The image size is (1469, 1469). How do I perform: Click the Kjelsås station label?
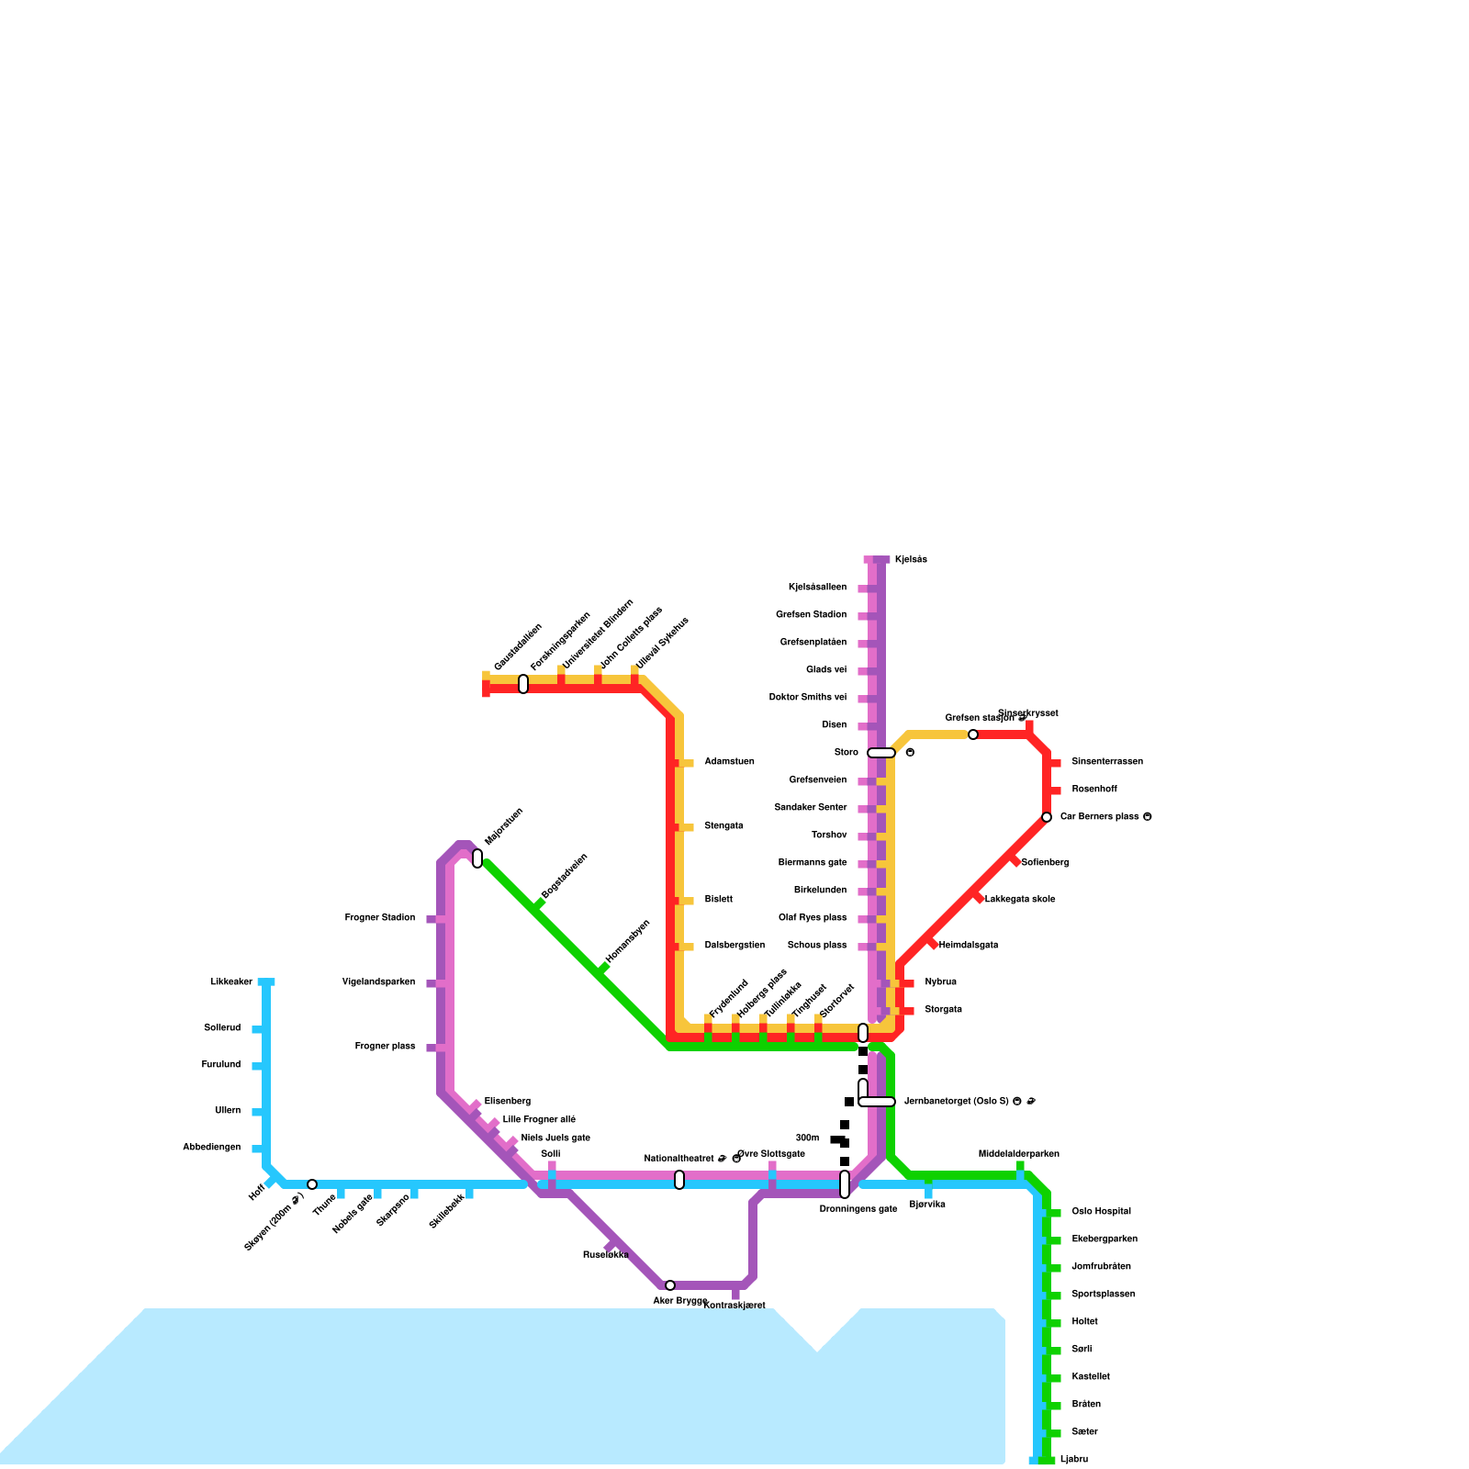tap(911, 560)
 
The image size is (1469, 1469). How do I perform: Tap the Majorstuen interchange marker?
tap(477, 858)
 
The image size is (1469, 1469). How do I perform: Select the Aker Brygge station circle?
tap(670, 1285)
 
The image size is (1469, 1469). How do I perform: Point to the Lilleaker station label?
tap(231, 982)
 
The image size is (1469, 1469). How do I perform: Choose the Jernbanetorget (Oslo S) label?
tap(956, 1102)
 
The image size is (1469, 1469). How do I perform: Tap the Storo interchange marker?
tap(881, 753)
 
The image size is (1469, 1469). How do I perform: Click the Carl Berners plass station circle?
tap(1047, 817)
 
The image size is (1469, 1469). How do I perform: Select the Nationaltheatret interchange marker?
tap(679, 1180)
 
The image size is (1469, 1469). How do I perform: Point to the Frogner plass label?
tap(385, 1047)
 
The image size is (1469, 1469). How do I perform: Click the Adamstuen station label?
tap(729, 762)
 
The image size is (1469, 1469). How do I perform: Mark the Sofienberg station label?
tap(1045, 863)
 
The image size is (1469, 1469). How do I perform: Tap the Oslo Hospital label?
tap(1101, 1212)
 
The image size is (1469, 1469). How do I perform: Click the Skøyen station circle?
tap(312, 1184)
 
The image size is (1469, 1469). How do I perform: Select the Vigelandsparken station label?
tap(378, 982)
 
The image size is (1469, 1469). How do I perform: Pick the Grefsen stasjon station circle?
tap(973, 734)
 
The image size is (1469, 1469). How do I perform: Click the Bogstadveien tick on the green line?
tap(539, 906)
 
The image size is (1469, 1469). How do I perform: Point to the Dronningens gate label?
tap(858, 1209)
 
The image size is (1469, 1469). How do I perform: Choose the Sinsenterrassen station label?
tap(1106, 762)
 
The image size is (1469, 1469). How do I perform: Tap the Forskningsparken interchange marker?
tap(523, 684)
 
